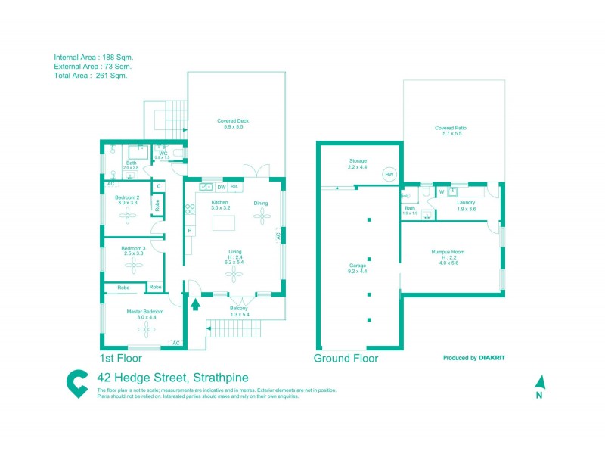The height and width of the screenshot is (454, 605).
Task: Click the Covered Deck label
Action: [232, 121]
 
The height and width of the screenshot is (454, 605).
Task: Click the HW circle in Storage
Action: [389, 174]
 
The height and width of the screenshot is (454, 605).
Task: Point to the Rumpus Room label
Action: [448, 251]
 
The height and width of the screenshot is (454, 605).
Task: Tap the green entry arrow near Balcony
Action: [196, 305]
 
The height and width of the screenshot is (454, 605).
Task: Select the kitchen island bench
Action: [225, 223]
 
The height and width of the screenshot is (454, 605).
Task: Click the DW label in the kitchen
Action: [221, 187]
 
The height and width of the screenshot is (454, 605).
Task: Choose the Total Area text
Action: [90, 76]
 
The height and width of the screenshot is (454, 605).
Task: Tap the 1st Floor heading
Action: [122, 358]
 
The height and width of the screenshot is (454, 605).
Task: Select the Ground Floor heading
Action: [346, 358]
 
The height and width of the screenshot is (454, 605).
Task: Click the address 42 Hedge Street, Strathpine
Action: [173, 378]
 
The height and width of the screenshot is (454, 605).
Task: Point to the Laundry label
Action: [467, 203]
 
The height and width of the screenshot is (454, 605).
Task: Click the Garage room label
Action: [358, 266]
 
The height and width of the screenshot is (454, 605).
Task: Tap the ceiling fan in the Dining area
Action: [262, 216]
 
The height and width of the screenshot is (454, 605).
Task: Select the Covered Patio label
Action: [450, 129]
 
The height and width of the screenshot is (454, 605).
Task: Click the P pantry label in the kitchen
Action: [189, 230]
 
